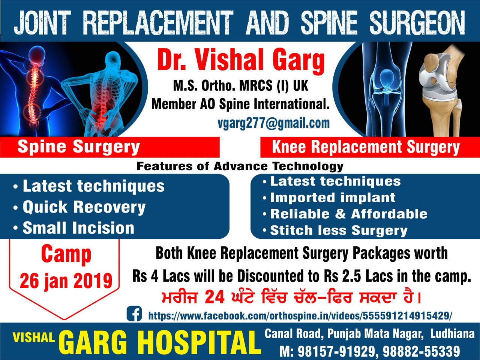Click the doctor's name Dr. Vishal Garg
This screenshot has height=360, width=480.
point(241,61)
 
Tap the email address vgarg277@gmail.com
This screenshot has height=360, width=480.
point(274,123)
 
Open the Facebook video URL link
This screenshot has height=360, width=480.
point(300,316)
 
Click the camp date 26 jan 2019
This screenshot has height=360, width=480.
point(66,281)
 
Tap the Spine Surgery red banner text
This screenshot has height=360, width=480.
point(79,147)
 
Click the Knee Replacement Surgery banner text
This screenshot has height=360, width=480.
point(366,147)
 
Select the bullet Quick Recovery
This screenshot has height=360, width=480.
point(84,207)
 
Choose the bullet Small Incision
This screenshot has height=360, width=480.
point(78,228)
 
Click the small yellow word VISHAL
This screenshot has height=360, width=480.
point(34,337)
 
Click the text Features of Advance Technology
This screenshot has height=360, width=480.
point(240,166)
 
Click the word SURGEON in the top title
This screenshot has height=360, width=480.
point(417,23)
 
